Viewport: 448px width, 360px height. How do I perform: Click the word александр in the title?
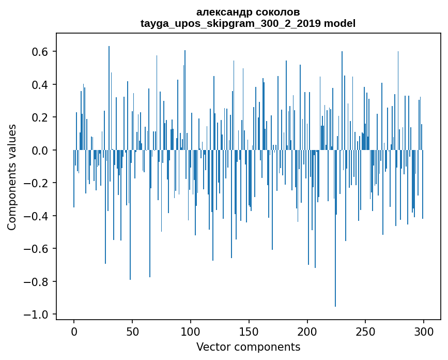(225, 12)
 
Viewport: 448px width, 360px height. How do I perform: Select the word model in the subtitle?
(339, 23)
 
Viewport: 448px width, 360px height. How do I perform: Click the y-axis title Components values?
(12, 177)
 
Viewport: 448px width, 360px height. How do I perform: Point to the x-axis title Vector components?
(248, 347)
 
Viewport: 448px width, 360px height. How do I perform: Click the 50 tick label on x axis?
(132, 331)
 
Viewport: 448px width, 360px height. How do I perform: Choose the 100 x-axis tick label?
(191, 331)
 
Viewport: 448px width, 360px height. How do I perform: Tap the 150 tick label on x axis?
(249, 331)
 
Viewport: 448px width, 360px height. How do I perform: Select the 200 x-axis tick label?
(307, 331)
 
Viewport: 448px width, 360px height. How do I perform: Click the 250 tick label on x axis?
(365, 331)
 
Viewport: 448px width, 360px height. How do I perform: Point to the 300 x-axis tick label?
(424, 331)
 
